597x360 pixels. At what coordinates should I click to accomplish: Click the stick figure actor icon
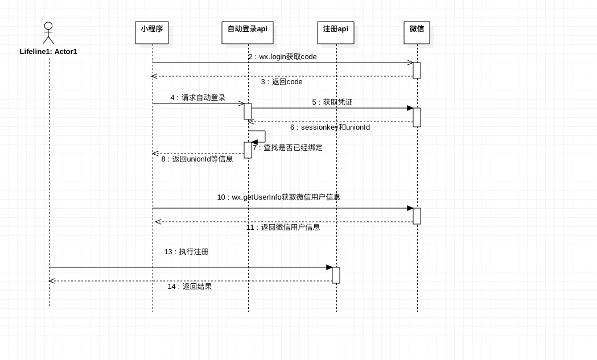[x=48, y=33]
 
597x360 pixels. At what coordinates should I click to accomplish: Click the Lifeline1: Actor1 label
[x=48, y=52]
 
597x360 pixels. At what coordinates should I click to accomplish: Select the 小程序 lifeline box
[x=152, y=32]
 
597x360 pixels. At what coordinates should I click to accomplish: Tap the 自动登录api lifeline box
[x=248, y=32]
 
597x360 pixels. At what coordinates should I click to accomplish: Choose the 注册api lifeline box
[x=336, y=32]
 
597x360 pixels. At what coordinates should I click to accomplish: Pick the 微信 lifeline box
[x=417, y=32]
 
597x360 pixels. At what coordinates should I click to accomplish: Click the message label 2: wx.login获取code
[x=282, y=57]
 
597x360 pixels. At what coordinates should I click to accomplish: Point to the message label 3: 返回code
[x=282, y=82]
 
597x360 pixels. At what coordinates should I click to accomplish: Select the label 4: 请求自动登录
[x=198, y=98]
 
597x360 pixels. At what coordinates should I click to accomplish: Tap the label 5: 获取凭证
[x=332, y=102]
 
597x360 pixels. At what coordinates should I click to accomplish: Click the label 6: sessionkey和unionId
[x=330, y=127]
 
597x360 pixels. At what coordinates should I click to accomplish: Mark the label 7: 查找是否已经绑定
[x=288, y=148]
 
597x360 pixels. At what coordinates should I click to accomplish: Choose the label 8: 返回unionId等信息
[x=197, y=159]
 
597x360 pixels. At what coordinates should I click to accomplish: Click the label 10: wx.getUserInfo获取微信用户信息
[x=279, y=197]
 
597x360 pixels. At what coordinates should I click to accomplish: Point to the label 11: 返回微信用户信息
[x=283, y=227]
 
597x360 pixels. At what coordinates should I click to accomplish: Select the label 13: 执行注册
[x=186, y=252]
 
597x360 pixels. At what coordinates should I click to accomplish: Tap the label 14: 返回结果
[x=190, y=287]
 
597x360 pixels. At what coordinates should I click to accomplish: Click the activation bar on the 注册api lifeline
[x=336, y=275]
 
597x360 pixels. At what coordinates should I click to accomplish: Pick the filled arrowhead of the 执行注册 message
[x=329, y=267]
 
